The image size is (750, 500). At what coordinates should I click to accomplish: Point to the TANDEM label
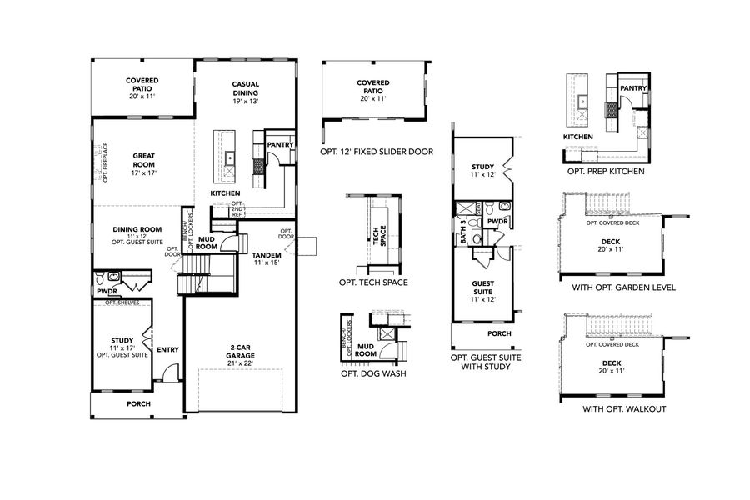click(267, 255)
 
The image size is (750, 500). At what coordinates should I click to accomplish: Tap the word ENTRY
click(167, 350)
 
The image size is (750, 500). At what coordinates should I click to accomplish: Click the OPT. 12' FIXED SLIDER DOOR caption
click(376, 152)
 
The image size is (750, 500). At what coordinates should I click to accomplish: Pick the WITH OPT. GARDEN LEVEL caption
click(617, 287)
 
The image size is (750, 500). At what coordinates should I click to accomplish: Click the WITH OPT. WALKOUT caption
click(617, 409)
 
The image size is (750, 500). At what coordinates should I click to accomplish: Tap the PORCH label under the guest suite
click(499, 333)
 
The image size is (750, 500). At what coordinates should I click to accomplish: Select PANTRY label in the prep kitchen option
click(634, 87)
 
